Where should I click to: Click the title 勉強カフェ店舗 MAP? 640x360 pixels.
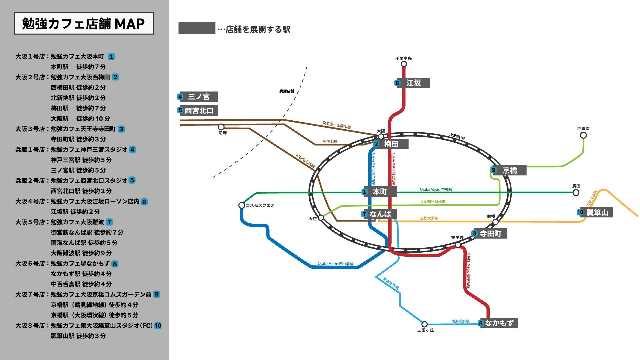coord(84,24)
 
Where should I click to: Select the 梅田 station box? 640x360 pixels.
coord(391,144)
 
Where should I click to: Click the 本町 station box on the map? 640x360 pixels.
coord(380,192)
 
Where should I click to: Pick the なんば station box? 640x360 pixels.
coord(380,214)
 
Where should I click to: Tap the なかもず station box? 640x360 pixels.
coord(499,323)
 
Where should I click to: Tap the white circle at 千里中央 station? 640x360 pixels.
coord(404,64)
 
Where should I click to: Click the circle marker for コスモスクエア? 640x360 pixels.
coord(242,205)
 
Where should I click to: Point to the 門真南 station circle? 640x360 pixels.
coord(583,135)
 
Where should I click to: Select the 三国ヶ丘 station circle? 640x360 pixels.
coord(424,324)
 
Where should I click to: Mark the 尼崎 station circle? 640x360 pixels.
coord(221,127)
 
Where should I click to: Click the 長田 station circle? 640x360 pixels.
coord(576,193)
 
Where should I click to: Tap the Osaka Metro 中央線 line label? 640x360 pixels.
coord(436,190)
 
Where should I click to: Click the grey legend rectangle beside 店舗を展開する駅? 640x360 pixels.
coord(197,28)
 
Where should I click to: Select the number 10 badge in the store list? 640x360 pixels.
coord(158,326)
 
